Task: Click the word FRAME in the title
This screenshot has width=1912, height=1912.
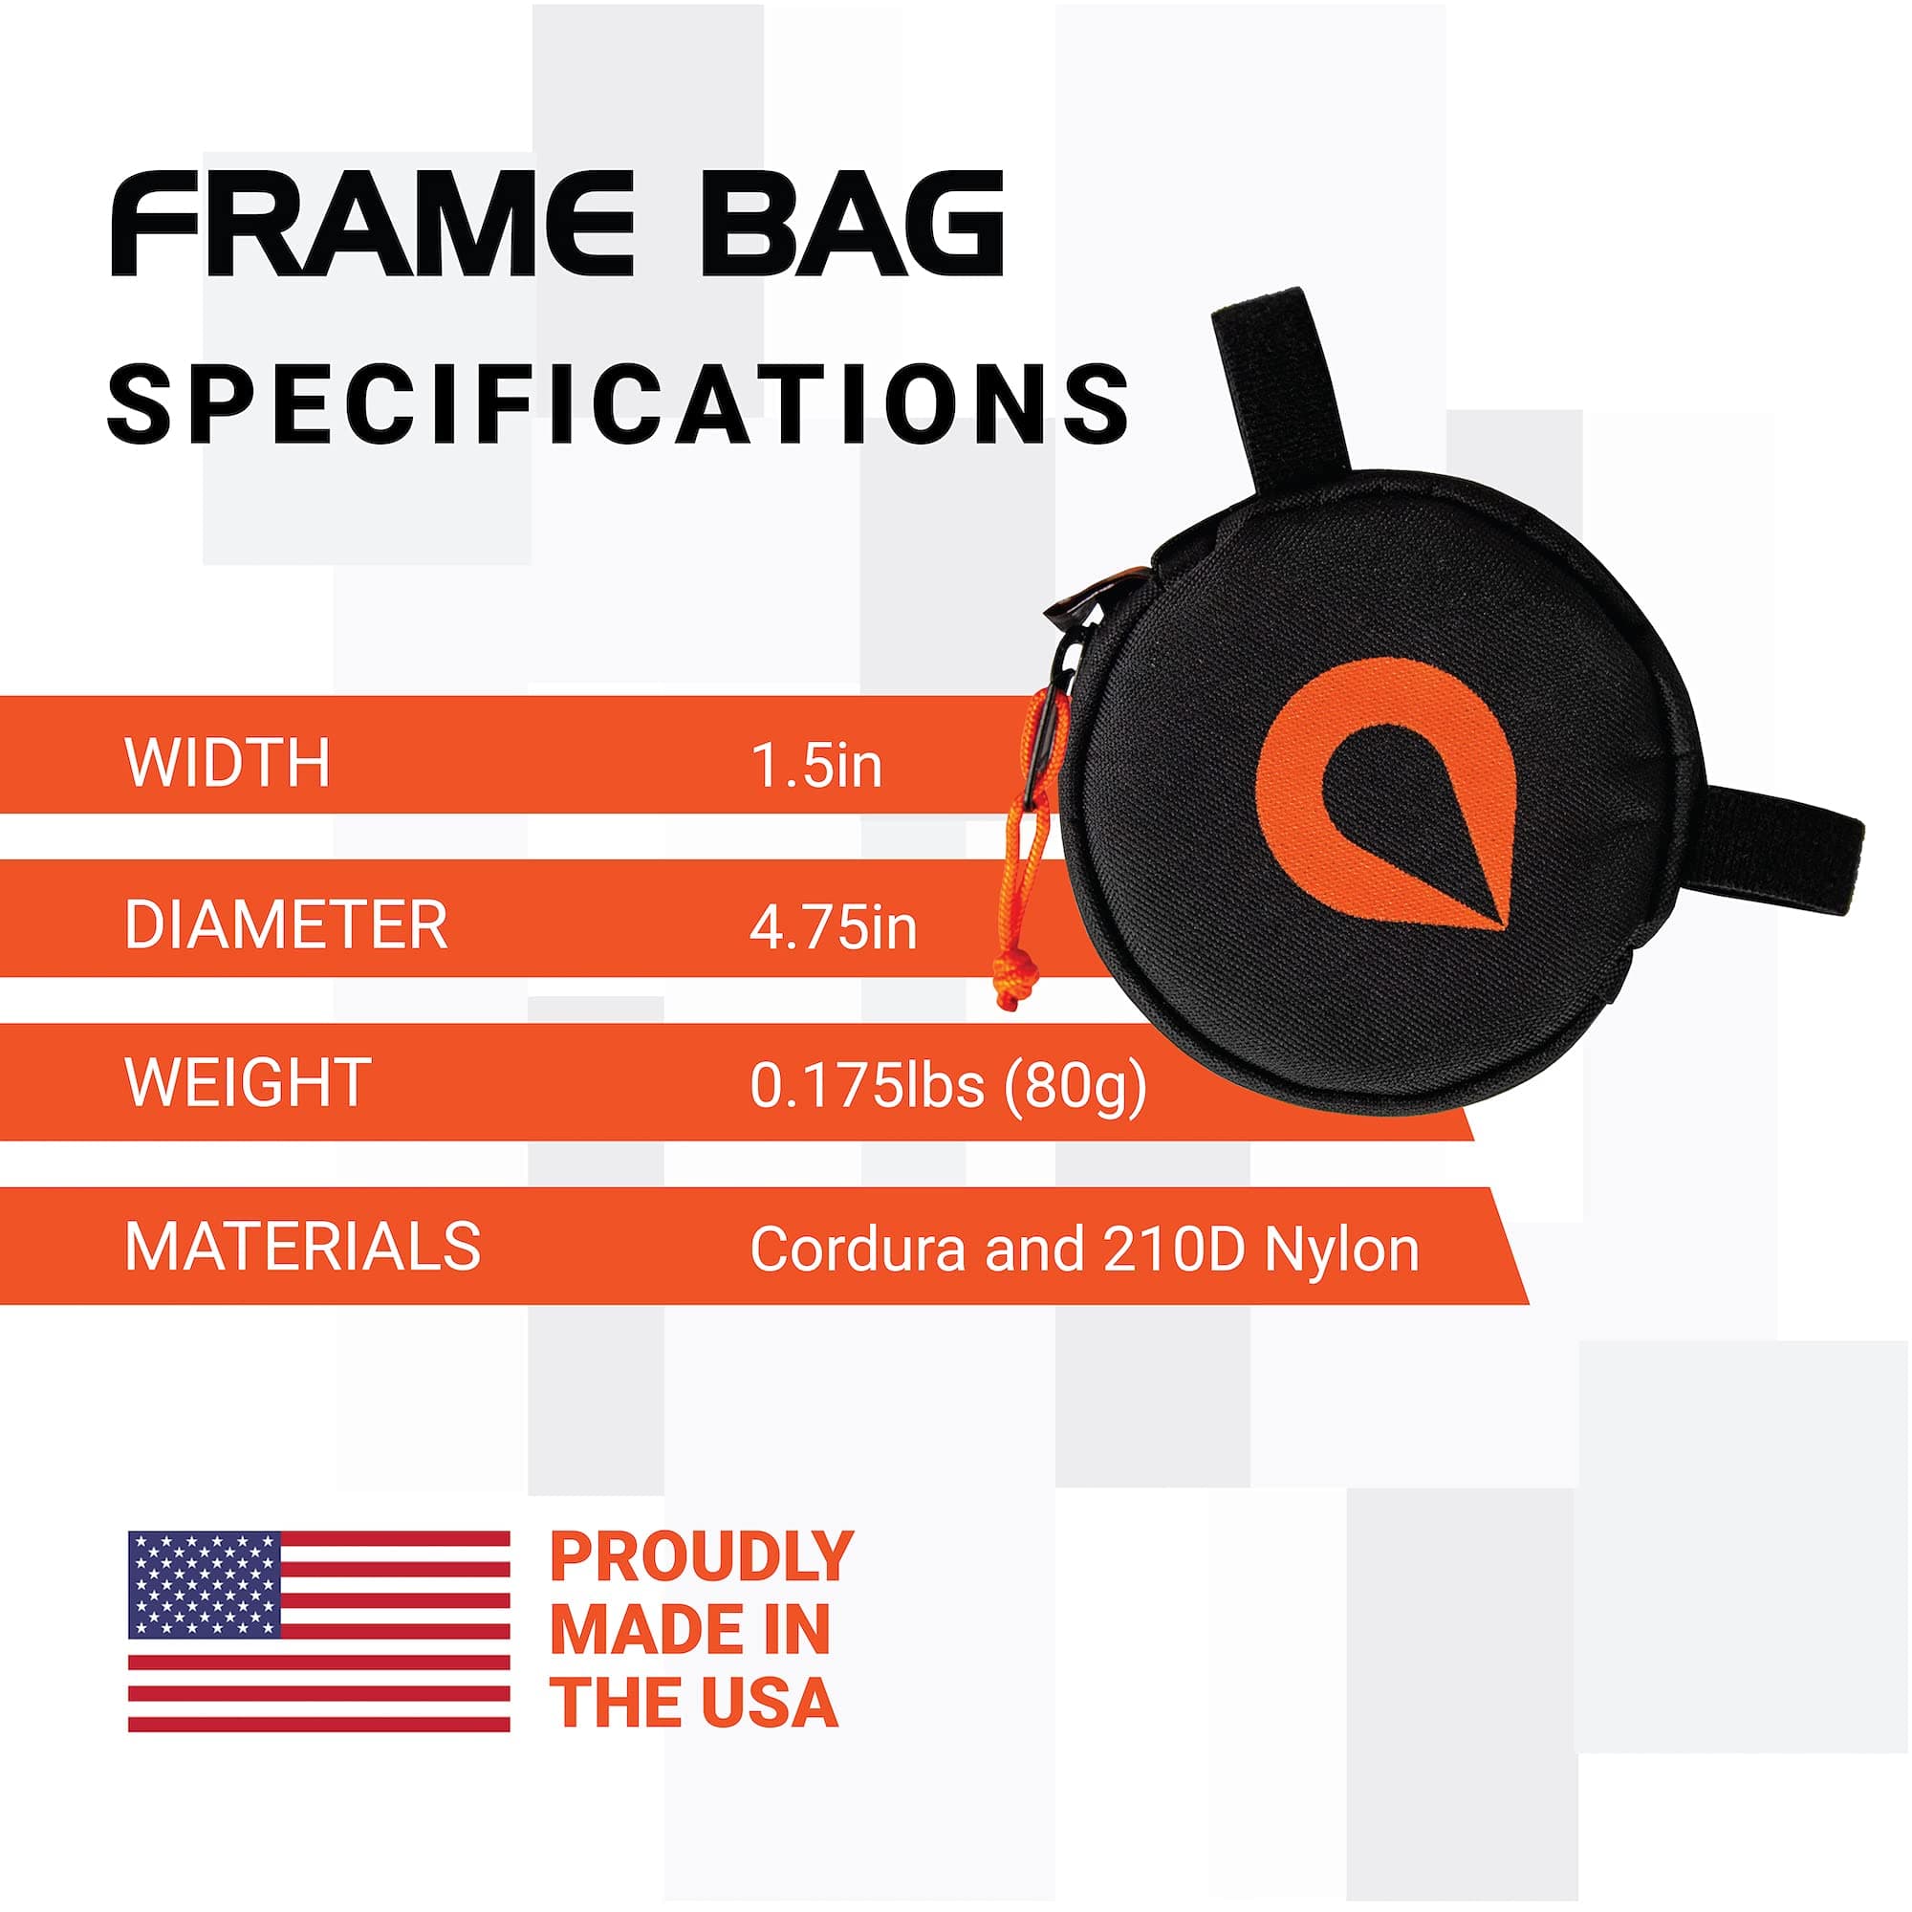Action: pyautogui.click(x=371, y=225)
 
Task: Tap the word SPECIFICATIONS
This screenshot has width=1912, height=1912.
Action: pyautogui.click(x=619, y=403)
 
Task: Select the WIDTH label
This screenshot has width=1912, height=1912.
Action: pyautogui.click(x=227, y=763)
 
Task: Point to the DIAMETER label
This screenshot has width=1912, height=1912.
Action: pyautogui.click(x=285, y=926)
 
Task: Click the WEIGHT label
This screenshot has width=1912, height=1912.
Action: pyautogui.click(x=248, y=1084)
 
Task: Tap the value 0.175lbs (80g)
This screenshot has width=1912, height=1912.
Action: pyautogui.click(x=948, y=1087)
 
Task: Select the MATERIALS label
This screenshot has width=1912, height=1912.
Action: pyautogui.click(x=302, y=1246)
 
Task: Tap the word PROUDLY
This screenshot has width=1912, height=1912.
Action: pyautogui.click(x=701, y=1556)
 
